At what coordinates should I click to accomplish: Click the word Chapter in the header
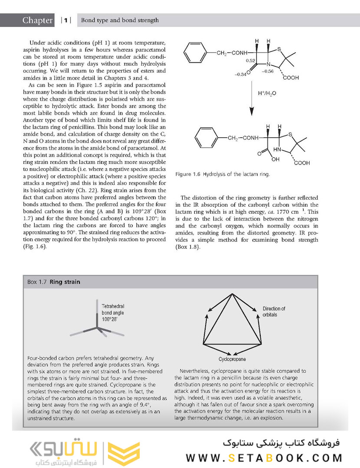pyautogui.click(x=38, y=20)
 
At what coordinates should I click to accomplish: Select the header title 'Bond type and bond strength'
pyautogui.click(x=120, y=20)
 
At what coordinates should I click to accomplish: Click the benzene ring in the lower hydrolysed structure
pyautogui.click(x=206, y=138)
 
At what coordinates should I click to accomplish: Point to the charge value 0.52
pyautogui.click(x=250, y=61)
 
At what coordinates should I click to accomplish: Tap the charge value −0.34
pyautogui.click(x=240, y=75)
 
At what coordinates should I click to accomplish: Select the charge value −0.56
pyautogui.click(x=268, y=71)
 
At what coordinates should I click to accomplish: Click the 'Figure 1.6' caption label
pyautogui.click(x=188, y=174)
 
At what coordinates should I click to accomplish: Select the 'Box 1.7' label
pyautogui.click(x=38, y=282)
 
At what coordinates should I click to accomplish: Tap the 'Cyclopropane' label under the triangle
pyautogui.click(x=232, y=359)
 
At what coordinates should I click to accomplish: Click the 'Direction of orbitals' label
pyautogui.click(x=274, y=312)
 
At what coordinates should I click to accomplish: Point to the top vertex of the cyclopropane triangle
pyautogui.click(x=232, y=294)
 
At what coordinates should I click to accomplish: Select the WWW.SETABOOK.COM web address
pyautogui.click(x=264, y=458)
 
